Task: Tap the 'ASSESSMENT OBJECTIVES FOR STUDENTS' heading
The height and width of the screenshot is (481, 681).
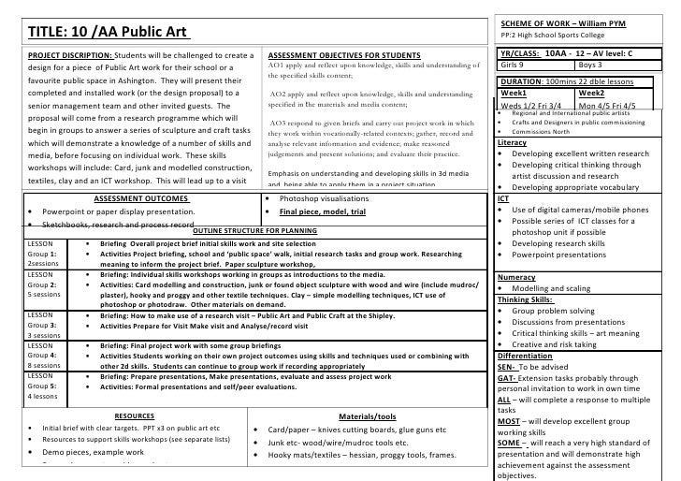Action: [344, 56]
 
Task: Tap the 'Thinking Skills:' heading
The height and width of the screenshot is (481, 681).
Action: [529, 300]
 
